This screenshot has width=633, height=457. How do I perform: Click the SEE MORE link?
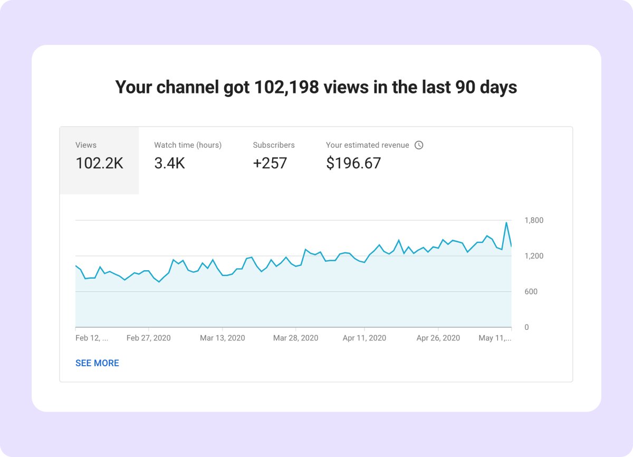pyautogui.click(x=97, y=363)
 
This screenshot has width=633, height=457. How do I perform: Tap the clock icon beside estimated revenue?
pyautogui.click(x=419, y=145)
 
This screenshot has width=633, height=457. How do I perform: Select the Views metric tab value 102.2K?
pyautogui.click(x=99, y=164)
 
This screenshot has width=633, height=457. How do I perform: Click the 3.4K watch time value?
pyautogui.click(x=169, y=164)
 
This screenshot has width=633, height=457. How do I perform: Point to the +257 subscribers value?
pyautogui.click(x=270, y=164)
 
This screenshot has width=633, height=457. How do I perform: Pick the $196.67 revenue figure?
pyautogui.click(x=353, y=164)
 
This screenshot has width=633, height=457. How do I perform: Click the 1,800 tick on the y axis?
pyautogui.click(x=534, y=221)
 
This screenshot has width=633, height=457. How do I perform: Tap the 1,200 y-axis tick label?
pyautogui.click(x=534, y=256)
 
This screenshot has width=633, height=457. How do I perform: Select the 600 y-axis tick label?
pyautogui.click(x=531, y=292)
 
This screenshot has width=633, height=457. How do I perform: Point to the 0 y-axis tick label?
pyautogui.click(x=527, y=328)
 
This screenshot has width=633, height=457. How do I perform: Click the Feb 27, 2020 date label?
pyautogui.click(x=149, y=338)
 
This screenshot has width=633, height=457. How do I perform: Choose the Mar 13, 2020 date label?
pyautogui.click(x=222, y=338)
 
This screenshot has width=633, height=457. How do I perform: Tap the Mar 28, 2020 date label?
pyautogui.click(x=295, y=338)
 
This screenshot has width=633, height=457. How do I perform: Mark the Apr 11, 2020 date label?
pyautogui.click(x=365, y=338)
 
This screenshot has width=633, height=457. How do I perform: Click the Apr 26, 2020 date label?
pyautogui.click(x=438, y=338)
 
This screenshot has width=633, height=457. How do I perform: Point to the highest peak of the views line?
pyautogui.click(x=506, y=223)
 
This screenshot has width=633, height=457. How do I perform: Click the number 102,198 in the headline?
pyautogui.click(x=286, y=87)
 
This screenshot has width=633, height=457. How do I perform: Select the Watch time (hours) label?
pyautogui.click(x=188, y=145)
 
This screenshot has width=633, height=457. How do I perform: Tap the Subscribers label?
pyautogui.click(x=274, y=145)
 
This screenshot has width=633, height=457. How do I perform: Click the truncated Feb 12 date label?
pyautogui.click(x=92, y=338)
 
